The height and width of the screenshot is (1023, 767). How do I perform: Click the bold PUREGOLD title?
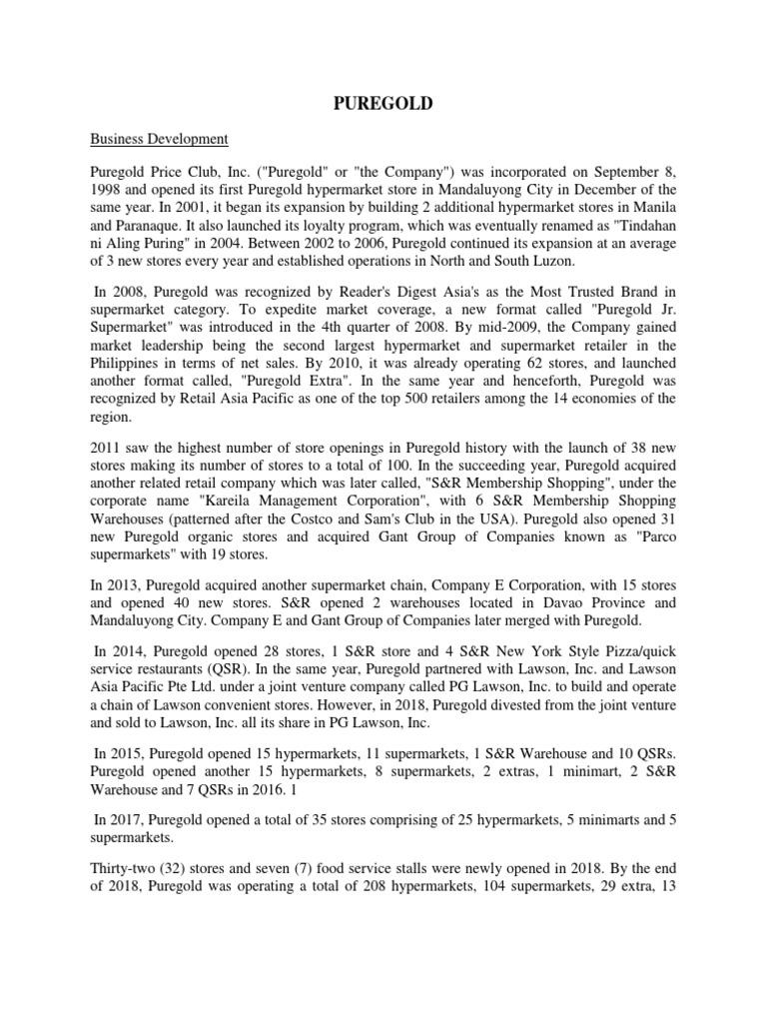(383, 103)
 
